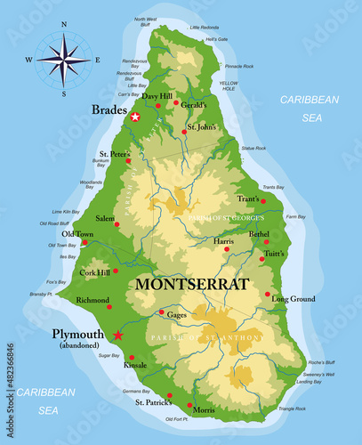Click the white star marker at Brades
(x=135, y=117)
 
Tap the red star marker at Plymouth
(x=117, y=335)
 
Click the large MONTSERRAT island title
(x=190, y=285)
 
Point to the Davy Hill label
(x=157, y=95)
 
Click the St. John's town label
(x=201, y=126)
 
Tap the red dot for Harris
(x=226, y=249)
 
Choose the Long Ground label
(x=293, y=299)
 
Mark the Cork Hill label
(x=94, y=272)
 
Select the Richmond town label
(x=93, y=300)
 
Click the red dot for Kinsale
(x=132, y=357)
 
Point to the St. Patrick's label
(x=154, y=402)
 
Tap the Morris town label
(x=204, y=410)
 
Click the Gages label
(x=177, y=315)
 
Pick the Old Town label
(x=77, y=233)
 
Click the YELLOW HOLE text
(x=229, y=85)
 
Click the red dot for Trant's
(x=262, y=201)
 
